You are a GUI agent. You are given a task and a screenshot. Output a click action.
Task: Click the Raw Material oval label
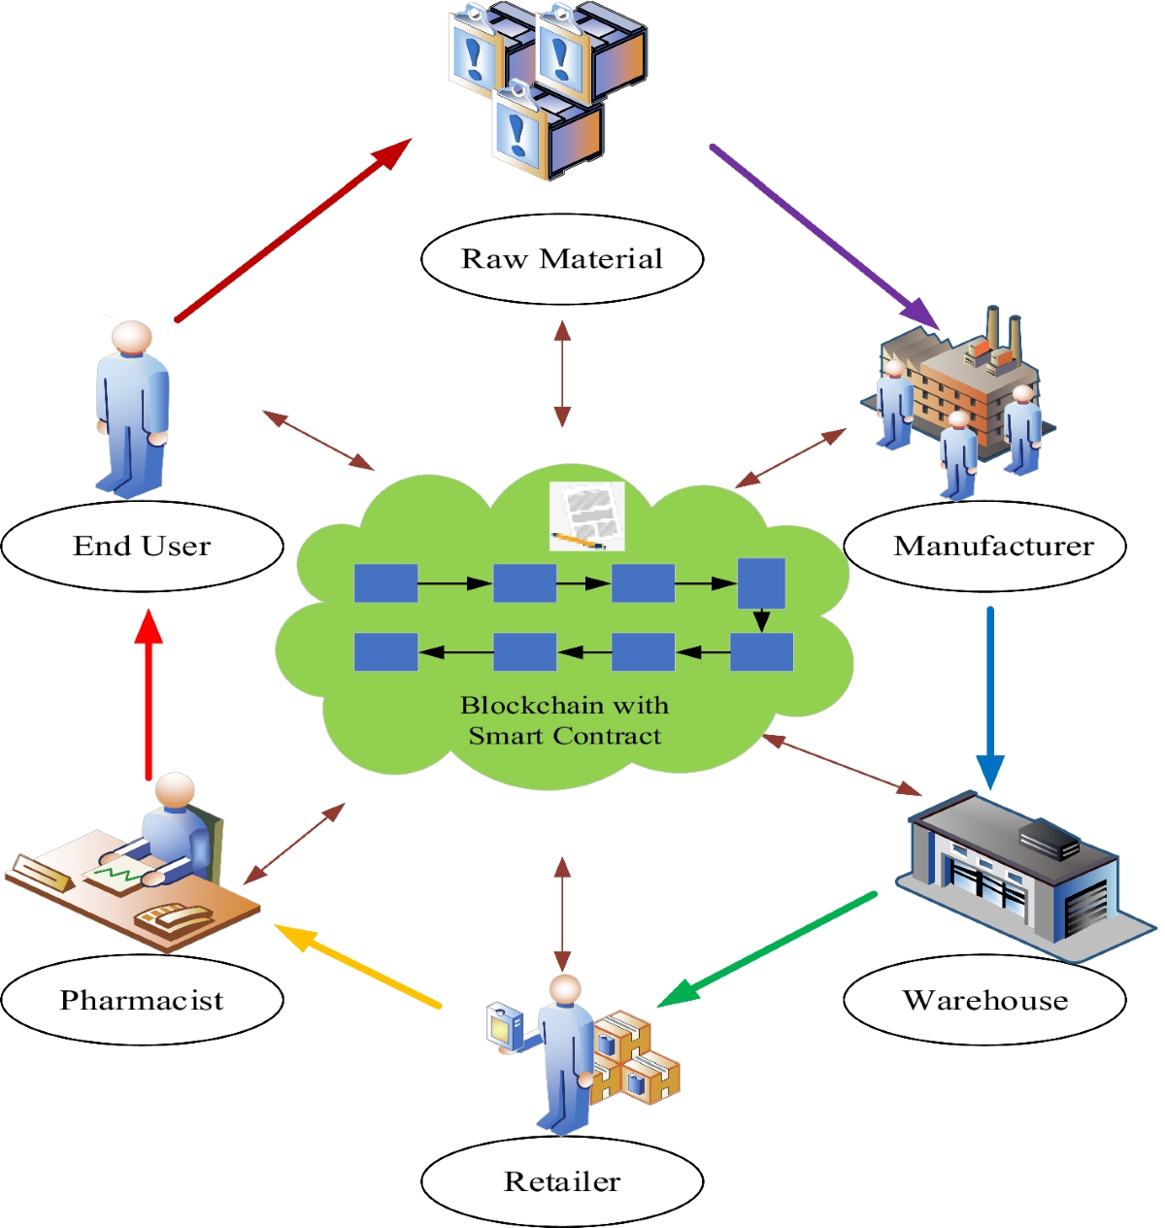(561, 259)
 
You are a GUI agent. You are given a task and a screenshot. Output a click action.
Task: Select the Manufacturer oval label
(984, 547)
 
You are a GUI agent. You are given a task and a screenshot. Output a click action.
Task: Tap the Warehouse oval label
(984, 1000)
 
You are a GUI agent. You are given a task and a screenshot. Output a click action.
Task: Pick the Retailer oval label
(561, 1181)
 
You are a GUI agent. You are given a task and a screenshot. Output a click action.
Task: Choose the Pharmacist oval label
(142, 1000)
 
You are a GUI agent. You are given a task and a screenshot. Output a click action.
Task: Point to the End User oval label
(142, 547)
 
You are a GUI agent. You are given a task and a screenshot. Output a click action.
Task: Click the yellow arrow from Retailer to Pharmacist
(359, 967)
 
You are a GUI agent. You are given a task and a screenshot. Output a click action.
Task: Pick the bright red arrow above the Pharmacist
(149, 694)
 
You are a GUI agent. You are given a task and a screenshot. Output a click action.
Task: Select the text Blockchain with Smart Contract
(564, 720)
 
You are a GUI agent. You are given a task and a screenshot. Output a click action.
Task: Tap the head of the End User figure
(131, 337)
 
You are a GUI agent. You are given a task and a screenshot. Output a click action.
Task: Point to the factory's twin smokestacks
(1002, 330)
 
